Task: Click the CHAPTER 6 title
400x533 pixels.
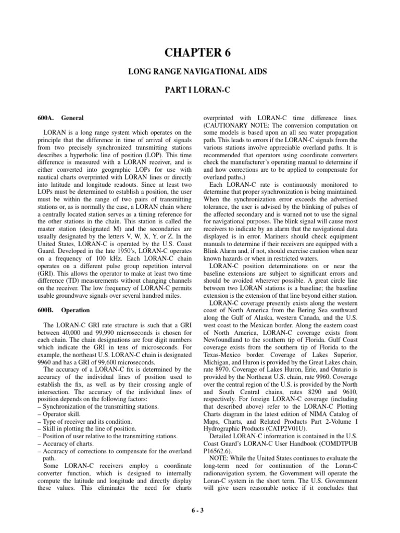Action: pos(199,53)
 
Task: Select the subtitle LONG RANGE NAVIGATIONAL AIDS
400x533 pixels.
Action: pos(199,72)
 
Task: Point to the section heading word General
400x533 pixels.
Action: pos(72,118)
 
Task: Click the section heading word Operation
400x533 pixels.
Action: pos(76,310)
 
